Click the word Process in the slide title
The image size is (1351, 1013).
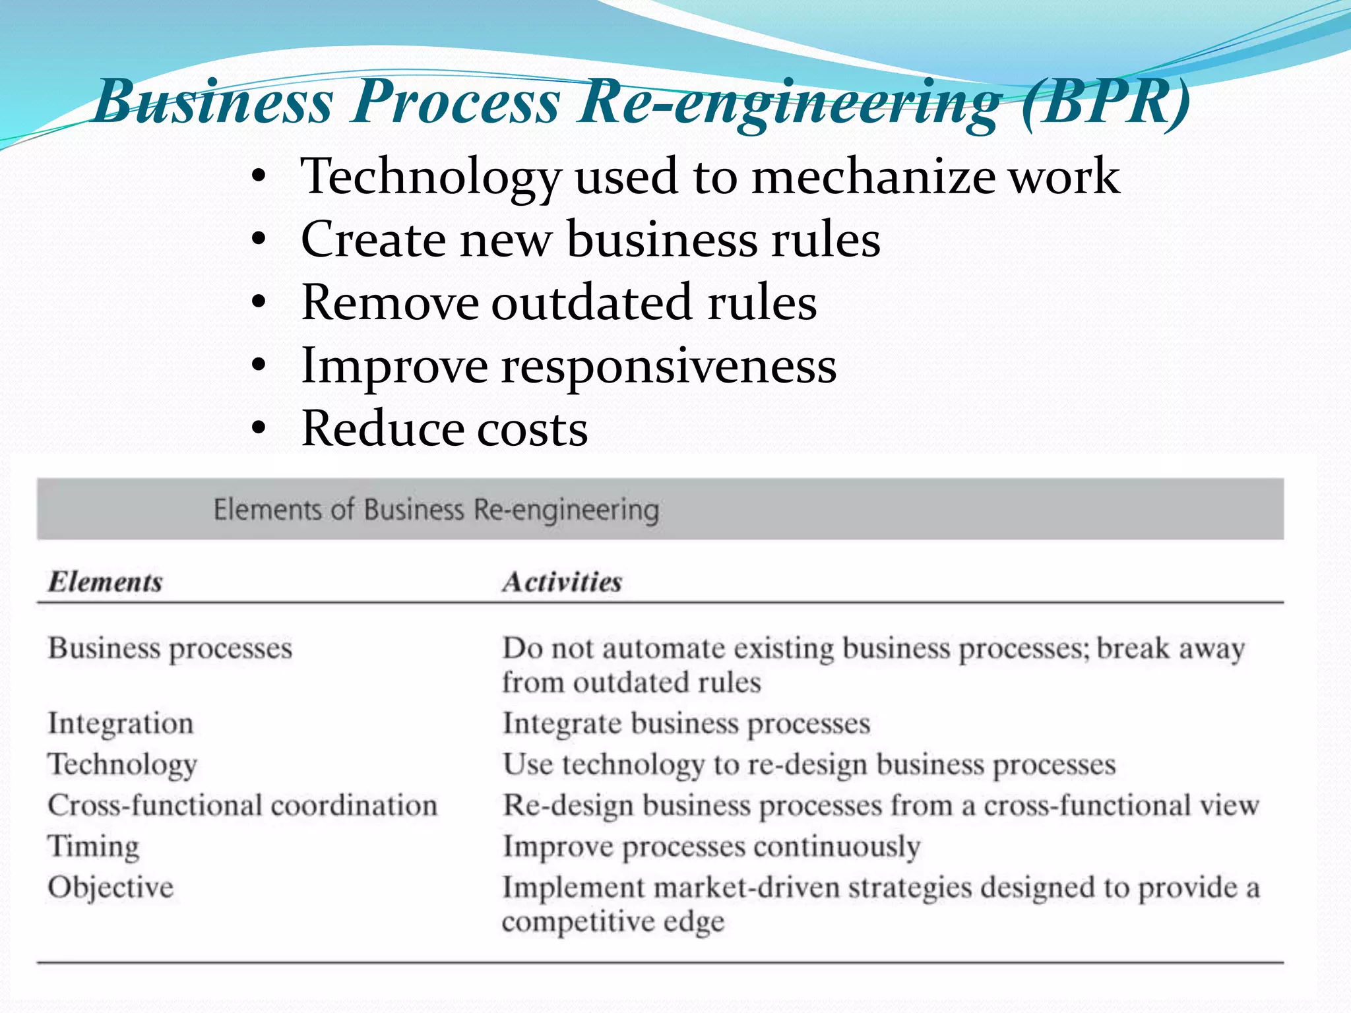click(455, 102)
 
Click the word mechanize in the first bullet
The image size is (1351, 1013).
click(872, 177)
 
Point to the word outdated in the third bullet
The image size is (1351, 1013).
click(591, 303)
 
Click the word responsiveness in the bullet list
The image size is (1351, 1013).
click(668, 366)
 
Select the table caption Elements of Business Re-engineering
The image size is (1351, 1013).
click(436, 510)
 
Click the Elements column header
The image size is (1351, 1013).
click(105, 582)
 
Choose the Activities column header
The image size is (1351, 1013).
click(562, 582)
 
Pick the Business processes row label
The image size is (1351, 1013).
click(170, 649)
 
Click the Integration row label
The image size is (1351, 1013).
click(121, 723)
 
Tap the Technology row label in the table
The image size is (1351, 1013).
click(123, 765)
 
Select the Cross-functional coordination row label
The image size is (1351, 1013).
click(242, 806)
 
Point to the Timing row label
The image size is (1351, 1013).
click(94, 847)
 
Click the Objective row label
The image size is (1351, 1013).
click(110, 888)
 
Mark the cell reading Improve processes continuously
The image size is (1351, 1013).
click(711, 847)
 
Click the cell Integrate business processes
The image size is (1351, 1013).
click(686, 723)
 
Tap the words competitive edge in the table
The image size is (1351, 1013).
click(613, 921)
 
